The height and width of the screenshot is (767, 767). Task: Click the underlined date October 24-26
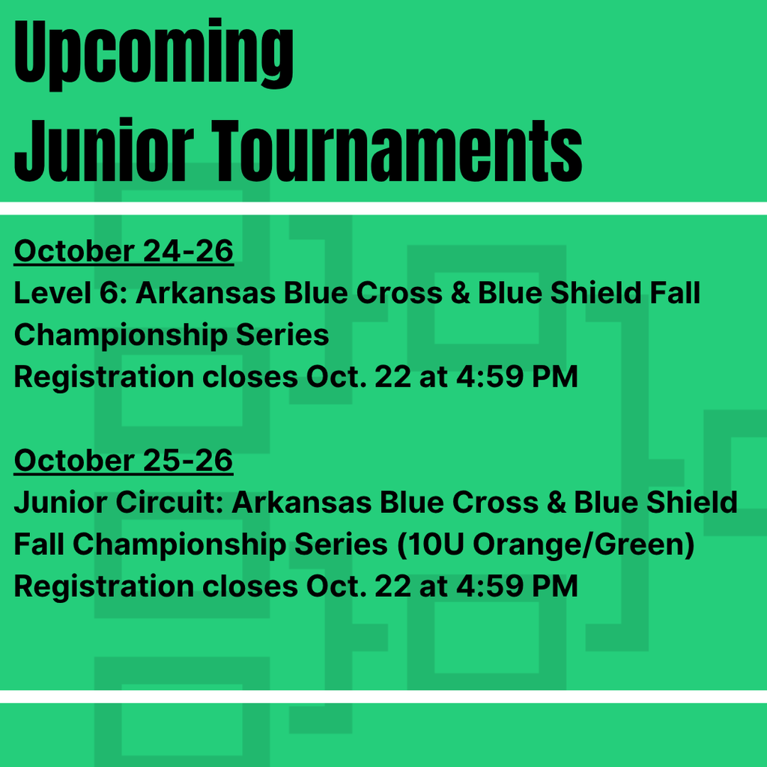pos(124,252)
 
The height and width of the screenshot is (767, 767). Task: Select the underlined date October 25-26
pos(124,461)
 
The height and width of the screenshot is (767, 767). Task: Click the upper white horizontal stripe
pos(383,207)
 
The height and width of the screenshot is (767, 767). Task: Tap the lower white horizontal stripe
pos(383,697)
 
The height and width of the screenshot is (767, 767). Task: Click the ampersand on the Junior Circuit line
pos(556,503)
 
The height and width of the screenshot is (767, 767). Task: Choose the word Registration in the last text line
pos(101,586)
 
